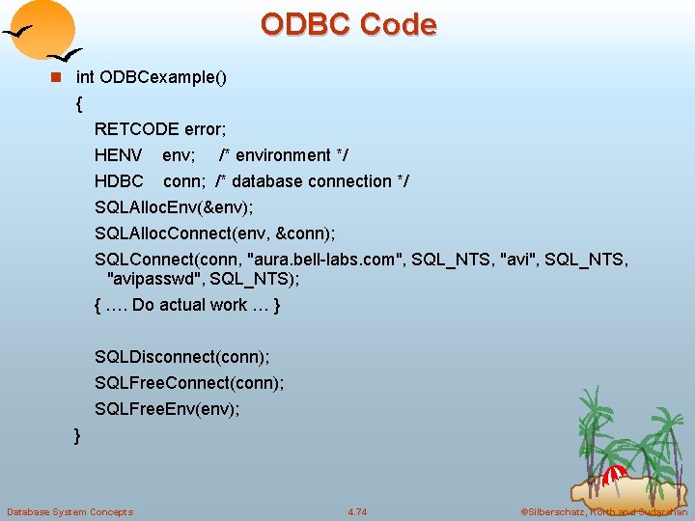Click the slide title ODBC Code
tap(347, 24)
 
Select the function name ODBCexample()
tap(163, 77)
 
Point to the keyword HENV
tap(118, 155)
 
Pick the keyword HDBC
tap(119, 181)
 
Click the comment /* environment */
tap(284, 155)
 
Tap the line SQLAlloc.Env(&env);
tap(174, 207)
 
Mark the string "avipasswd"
tap(152, 279)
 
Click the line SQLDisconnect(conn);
tap(181, 357)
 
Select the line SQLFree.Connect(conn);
tap(189, 383)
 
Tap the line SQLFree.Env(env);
tap(167, 409)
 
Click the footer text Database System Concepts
tap(69, 511)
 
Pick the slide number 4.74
tap(357, 511)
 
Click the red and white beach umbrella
tap(615, 475)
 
